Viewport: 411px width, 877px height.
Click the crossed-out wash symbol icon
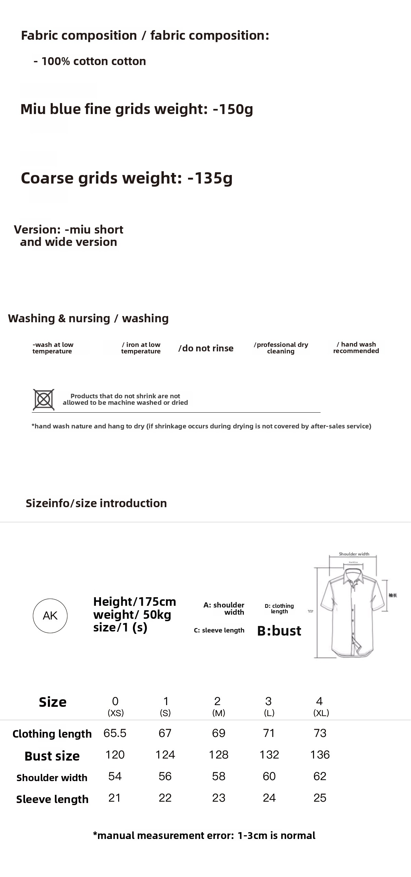coord(43,399)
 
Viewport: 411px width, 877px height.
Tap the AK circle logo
coord(50,616)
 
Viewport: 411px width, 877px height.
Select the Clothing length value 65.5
coord(115,733)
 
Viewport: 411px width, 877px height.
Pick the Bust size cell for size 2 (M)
coord(219,755)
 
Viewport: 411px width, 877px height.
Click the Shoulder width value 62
coord(320,776)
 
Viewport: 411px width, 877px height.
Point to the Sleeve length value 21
coord(114,798)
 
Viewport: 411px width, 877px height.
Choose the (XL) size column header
coord(321,713)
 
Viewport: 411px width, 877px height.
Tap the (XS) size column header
coord(115,713)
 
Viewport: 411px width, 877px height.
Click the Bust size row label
coord(52,756)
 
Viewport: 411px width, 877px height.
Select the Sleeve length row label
coord(52,799)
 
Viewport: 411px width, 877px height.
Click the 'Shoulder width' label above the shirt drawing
coord(354,554)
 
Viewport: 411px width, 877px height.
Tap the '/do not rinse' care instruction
coord(206,348)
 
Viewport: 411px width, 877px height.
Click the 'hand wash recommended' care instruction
coord(356,348)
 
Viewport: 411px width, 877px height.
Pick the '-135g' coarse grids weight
coord(210,178)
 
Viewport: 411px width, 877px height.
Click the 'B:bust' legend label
coord(279,631)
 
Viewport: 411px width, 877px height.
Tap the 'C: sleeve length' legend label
coord(219,630)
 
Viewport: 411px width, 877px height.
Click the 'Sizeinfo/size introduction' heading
coord(96,503)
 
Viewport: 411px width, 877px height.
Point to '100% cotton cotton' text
coord(94,61)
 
